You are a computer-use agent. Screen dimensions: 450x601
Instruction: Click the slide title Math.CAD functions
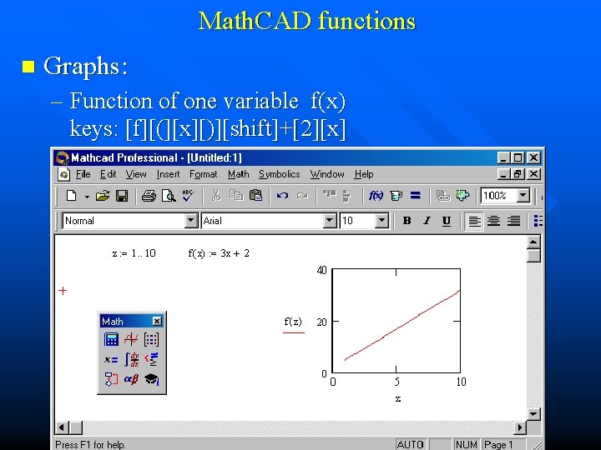pos(306,21)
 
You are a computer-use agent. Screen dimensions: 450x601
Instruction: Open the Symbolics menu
pos(279,174)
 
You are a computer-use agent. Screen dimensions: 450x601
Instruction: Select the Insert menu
pos(168,174)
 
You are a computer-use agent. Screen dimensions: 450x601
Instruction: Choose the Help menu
pos(364,174)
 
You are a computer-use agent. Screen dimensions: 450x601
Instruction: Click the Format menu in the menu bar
pos(203,174)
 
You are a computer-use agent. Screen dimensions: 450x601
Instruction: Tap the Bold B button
pos(407,221)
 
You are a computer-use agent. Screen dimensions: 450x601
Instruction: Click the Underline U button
pos(447,221)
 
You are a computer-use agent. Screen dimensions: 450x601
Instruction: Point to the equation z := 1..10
pos(134,253)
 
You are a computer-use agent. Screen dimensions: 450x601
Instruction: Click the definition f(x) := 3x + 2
pos(219,253)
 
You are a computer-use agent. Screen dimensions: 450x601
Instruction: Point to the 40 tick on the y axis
pos(321,270)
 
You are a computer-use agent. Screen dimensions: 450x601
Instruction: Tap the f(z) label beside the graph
pos(293,322)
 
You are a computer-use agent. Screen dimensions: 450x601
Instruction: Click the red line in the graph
pos(401,325)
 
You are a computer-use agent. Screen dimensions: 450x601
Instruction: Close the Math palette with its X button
pos(157,321)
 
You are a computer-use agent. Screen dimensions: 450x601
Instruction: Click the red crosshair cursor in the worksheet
pos(63,291)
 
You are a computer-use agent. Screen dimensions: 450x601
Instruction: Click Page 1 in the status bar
pos(499,444)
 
